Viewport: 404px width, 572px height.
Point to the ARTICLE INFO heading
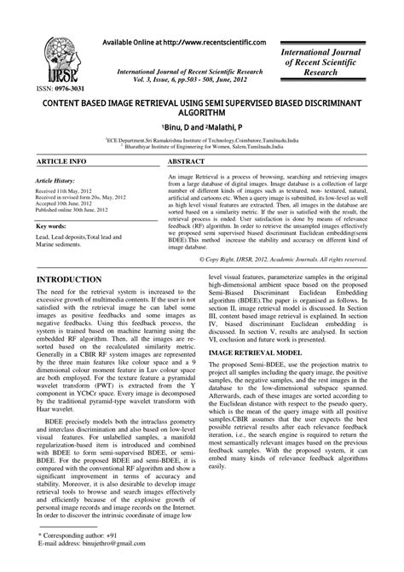[61, 160]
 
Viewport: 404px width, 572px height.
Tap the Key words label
[54, 226]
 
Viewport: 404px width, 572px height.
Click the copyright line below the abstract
[294, 258]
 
